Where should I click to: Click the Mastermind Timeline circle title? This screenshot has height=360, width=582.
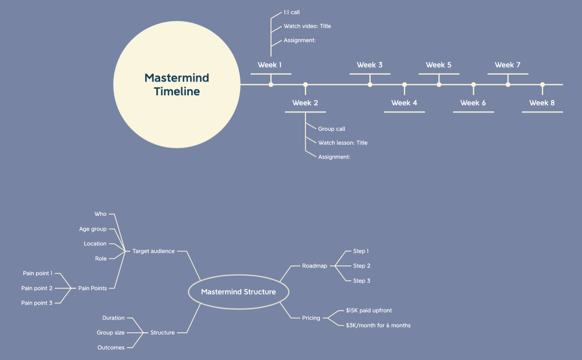pos(177,84)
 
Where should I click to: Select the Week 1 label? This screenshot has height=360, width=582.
pos(270,65)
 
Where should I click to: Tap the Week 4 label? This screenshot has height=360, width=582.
pos(404,103)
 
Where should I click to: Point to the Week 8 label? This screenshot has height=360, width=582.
pos(542,103)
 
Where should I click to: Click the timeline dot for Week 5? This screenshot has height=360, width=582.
pos(439,85)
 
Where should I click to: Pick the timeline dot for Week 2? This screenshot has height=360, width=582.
pos(305,85)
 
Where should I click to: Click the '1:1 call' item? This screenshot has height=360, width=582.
pos(292,12)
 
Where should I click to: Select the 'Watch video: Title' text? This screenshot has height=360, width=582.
pos(307,26)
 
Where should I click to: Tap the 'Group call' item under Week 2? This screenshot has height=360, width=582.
pos(331,129)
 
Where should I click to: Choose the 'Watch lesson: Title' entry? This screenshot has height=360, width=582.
pos(343,143)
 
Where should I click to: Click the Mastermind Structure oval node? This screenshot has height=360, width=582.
pos(238,292)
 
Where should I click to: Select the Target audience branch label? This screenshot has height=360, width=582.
pos(154,251)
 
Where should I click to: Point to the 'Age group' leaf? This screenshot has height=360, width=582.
pos(93,229)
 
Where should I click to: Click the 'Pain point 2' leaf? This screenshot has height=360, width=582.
pos(37,289)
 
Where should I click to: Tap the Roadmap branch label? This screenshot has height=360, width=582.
pos(315,266)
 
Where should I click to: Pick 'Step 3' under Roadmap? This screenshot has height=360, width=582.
pos(361,281)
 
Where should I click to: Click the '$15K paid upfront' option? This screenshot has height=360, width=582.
pos(369,311)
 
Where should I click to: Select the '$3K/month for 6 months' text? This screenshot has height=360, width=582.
pos(378,326)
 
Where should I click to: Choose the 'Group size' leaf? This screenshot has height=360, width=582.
pos(110,333)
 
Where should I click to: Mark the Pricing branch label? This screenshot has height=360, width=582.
pos(311,318)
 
